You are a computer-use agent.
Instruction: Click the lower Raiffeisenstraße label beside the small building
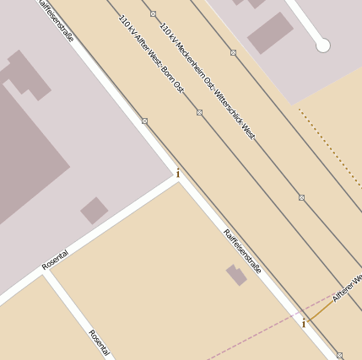[243, 251]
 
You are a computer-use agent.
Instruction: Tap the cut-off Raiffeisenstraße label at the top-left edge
[57, 19]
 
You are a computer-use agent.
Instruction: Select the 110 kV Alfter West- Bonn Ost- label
[152, 56]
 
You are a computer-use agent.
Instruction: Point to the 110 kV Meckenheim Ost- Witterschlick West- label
[208, 70]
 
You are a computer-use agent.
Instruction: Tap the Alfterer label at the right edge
[347, 287]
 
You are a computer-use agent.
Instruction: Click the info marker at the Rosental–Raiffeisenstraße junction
[178, 174]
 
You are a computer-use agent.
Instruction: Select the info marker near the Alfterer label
[304, 323]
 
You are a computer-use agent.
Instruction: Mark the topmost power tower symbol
[153, 13]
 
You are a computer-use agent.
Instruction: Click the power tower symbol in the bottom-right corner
[339, 355]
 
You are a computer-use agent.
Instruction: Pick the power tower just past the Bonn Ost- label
[199, 112]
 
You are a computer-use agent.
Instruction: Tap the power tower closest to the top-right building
[233, 52]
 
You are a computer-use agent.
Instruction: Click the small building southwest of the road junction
[94, 210]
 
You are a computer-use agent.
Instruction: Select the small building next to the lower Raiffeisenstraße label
[235, 275]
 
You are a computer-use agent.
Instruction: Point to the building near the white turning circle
[270, 32]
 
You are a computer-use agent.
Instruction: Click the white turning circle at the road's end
[322, 46]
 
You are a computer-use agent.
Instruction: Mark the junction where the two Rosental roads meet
[47, 272]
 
